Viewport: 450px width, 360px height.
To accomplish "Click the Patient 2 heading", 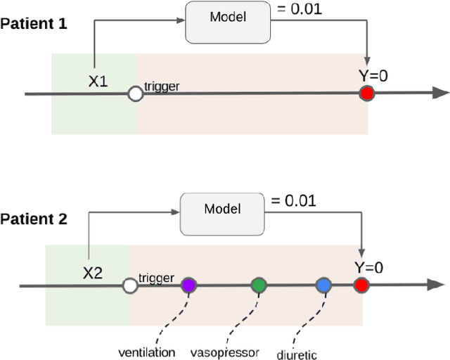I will (x=34, y=219).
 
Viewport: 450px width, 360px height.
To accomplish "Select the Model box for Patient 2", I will (x=221, y=209).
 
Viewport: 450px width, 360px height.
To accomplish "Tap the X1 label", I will (x=98, y=82).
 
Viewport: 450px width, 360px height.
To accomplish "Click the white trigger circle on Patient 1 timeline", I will (x=135, y=94).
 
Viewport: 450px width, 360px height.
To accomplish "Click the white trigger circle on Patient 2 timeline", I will (x=129, y=285).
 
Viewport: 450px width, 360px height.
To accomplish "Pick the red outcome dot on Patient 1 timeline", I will (x=366, y=94).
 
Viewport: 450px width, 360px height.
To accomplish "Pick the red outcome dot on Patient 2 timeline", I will (x=361, y=285).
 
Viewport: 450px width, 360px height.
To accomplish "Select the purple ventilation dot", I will (x=188, y=285).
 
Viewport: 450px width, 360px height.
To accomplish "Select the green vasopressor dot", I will (x=259, y=285).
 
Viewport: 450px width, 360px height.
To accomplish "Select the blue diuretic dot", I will (x=323, y=285).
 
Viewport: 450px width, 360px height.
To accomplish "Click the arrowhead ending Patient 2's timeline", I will (x=436, y=285).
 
